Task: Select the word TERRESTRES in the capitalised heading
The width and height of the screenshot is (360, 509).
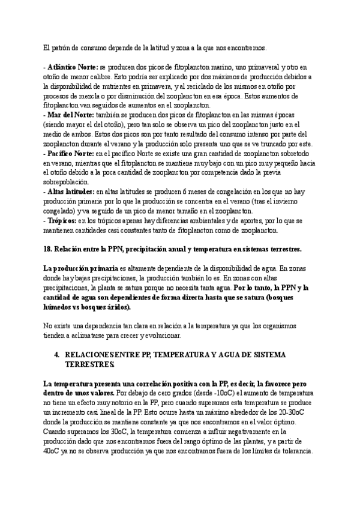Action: pos(89,364)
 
